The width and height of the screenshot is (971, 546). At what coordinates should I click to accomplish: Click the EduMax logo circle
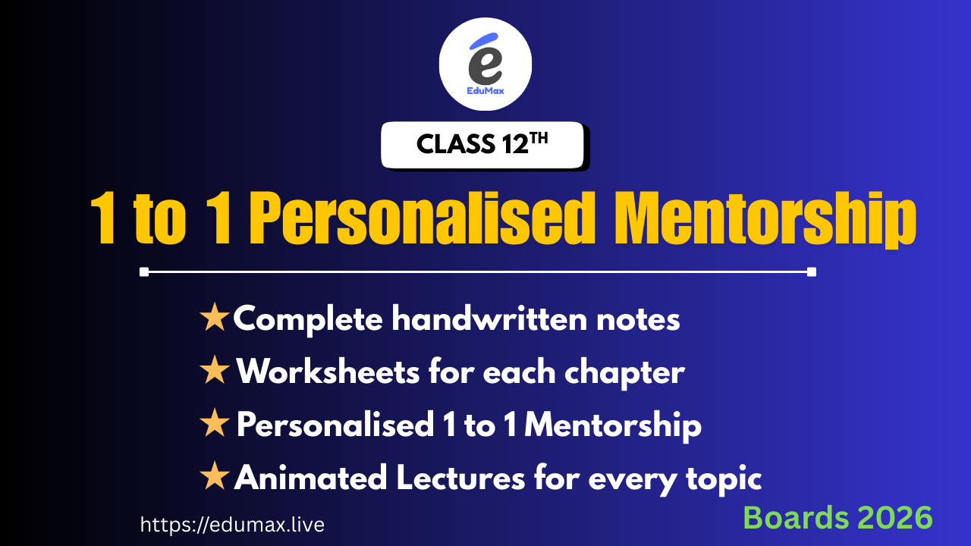(x=485, y=64)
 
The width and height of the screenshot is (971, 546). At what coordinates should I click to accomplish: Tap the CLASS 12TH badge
(x=482, y=144)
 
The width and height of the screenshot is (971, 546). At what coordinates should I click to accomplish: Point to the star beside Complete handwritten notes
(x=215, y=319)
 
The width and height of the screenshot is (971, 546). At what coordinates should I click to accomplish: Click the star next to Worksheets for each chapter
(x=215, y=372)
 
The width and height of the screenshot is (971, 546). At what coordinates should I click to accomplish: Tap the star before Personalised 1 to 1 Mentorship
(x=215, y=425)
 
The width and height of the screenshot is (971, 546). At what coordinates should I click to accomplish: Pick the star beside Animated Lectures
(x=215, y=478)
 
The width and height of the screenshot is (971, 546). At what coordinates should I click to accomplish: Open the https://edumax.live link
(x=232, y=524)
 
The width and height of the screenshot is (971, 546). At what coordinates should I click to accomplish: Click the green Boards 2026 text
(x=837, y=517)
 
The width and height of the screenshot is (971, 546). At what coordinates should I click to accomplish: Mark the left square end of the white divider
(x=144, y=271)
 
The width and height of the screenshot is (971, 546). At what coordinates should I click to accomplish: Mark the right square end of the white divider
(x=812, y=271)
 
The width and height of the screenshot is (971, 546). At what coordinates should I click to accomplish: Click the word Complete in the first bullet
(x=307, y=320)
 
